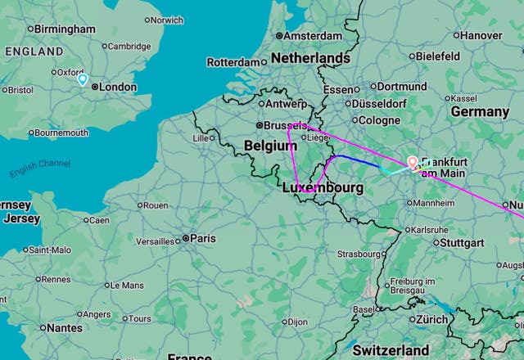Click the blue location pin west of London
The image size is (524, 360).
tap(83, 79)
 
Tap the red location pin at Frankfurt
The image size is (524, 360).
tap(413, 163)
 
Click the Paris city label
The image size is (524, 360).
tap(203, 238)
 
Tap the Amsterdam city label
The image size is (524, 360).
tap(314, 36)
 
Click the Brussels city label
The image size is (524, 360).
tap(284, 125)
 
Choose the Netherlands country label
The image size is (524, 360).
tap(310, 59)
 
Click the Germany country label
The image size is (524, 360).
tap(480, 111)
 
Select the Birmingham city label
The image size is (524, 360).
tap(65, 29)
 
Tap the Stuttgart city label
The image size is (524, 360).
tap(462, 243)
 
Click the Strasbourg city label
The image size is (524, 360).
tap(359, 254)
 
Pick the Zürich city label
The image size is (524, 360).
tap(431, 319)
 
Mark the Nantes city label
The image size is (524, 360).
tap(64, 327)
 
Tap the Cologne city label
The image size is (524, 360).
tap(379, 120)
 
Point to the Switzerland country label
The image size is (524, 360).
tap(391, 350)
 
